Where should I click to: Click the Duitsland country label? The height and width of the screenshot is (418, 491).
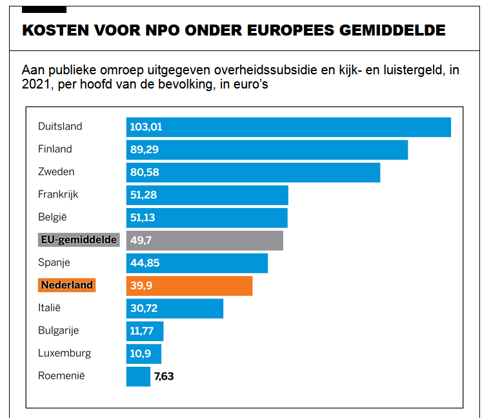click(60, 127)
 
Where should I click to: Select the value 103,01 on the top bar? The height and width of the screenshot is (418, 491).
click(146, 127)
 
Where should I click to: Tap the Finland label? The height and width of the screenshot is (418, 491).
click(55, 149)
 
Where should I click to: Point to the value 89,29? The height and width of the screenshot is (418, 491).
click(145, 150)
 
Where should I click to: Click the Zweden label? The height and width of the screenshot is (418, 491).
click(56, 172)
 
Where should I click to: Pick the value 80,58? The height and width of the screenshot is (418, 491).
click(145, 172)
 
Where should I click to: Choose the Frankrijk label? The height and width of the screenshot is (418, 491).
click(58, 194)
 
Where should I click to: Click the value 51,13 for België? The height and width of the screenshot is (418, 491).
click(143, 218)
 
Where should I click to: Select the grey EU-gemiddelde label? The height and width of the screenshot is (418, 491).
click(79, 240)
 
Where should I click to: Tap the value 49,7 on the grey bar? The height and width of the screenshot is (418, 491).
click(141, 240)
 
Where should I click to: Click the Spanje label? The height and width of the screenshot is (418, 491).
click(54, 263)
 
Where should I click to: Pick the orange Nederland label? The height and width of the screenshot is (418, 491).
click(66, 285)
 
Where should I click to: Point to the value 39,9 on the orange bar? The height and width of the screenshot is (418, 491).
click(141, 286)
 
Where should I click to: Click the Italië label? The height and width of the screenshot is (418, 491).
click(50, 308)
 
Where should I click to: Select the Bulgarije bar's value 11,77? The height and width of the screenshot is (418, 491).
click(143, 331)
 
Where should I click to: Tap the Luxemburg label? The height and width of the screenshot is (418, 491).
click(65, 353)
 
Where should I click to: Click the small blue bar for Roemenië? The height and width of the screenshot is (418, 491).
click(138, 376)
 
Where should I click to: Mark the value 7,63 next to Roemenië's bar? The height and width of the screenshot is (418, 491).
click(164, 376)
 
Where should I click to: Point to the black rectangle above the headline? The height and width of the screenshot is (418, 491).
click(44, 9)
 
